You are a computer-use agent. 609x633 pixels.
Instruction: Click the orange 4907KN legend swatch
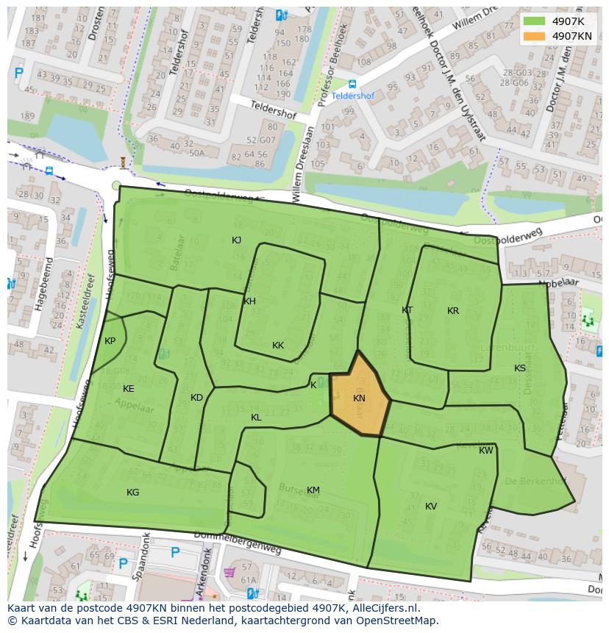point(535,36)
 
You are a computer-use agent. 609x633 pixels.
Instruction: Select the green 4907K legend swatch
point(535,21)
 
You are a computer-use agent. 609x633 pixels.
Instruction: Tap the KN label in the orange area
point(359,398)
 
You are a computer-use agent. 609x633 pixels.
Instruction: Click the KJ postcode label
point(236,240)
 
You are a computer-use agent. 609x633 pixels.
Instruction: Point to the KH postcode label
point(249,301)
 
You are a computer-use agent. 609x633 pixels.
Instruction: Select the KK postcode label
point(278,346)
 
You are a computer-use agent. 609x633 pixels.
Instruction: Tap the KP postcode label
point(110,341)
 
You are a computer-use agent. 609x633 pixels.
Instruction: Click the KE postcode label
point(129,389)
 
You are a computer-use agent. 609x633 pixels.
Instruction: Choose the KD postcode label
point(196,398)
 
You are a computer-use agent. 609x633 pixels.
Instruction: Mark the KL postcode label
point(256,418)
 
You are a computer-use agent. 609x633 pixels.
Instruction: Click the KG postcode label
point(132,493)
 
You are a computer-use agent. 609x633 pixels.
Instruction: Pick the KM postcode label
point(313,490)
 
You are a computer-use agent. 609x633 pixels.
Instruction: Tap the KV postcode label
point(431,507)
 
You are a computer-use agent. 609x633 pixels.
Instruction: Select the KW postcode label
point(486,451)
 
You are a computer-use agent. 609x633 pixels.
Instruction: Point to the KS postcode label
point(520,368)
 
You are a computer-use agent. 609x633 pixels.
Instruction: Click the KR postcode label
point(453,311)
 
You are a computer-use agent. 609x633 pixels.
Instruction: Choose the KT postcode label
point(407,310)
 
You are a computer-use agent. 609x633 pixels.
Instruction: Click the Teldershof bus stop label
point(352,96)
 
